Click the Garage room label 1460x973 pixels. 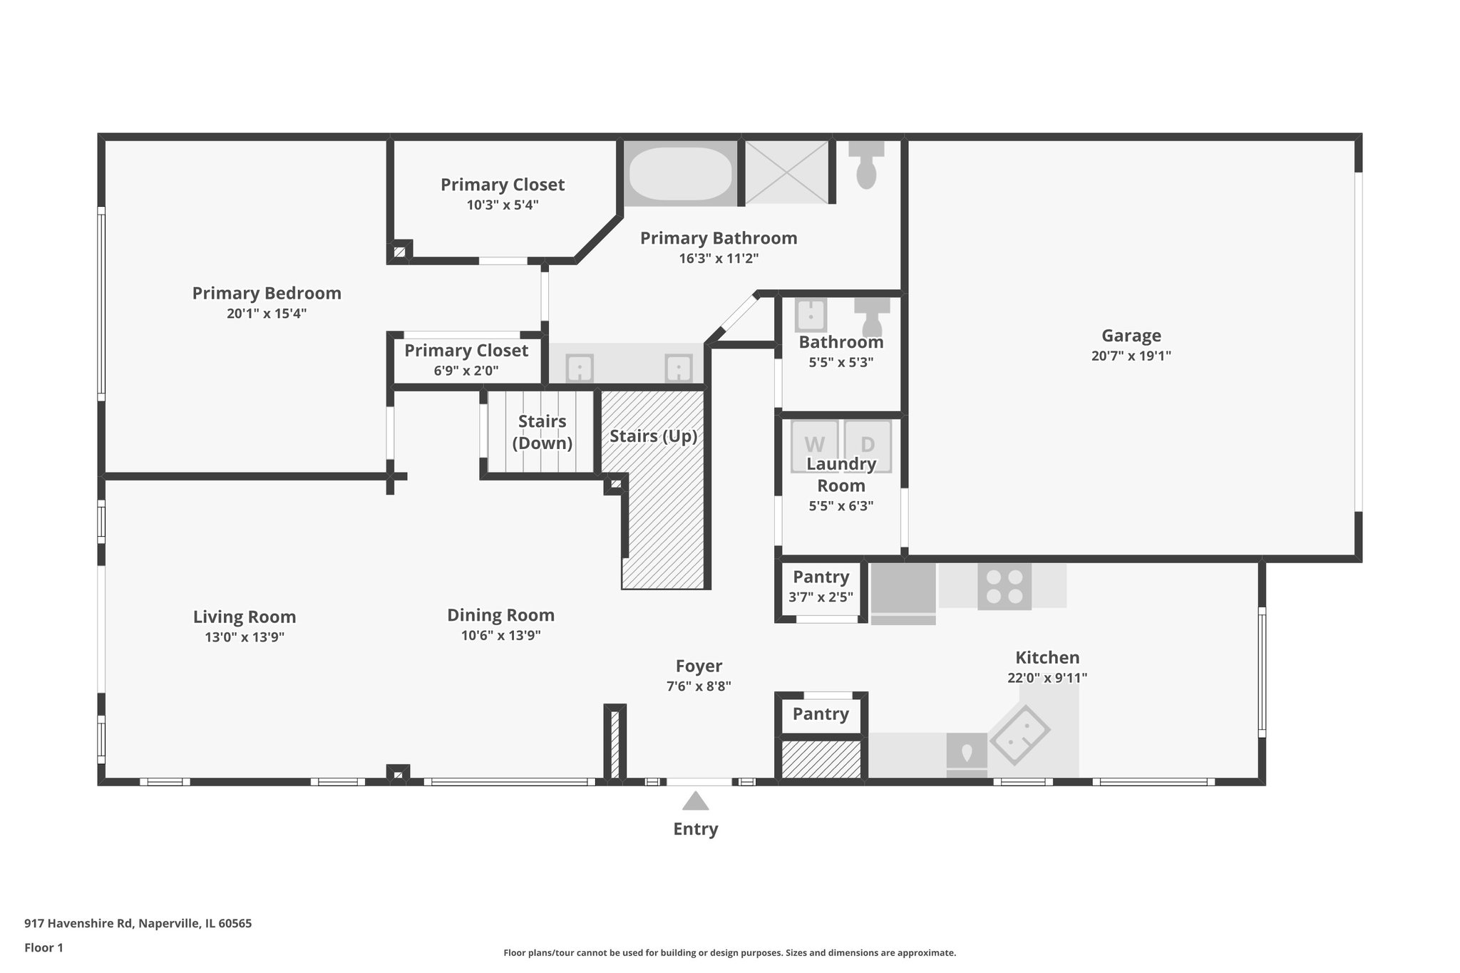coord(1131,336)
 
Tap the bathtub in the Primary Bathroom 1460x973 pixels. coord(680,174)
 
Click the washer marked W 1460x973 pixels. coord(814,445)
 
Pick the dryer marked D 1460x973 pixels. coord(868,445)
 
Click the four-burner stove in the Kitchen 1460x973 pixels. coord(1004,587)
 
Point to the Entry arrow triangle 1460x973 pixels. coord(695,801)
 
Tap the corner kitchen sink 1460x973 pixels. coord(1019,735)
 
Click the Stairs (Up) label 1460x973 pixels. coord(653,436)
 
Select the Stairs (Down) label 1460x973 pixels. coord(542,432)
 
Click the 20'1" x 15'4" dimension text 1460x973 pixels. coord(267,313)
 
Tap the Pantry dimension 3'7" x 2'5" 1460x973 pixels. coord(821,597)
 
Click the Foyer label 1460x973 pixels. coord(699,666)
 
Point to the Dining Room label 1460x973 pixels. coord(500,615)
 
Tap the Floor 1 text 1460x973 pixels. coord(43,947)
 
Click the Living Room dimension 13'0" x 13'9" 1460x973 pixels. coord(245,637)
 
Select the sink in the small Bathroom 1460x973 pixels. coord(811,315)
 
